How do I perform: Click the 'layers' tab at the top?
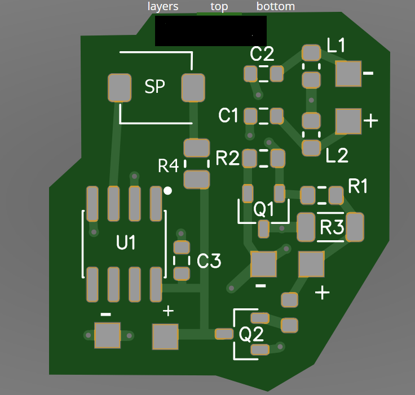point(163,6)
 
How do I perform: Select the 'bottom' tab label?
point(276,6)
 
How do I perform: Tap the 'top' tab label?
point(219,6)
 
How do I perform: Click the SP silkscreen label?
point(155,87)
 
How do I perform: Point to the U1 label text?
point(126,243)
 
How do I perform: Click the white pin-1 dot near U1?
point(167,191)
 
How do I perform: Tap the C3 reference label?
point(209,261)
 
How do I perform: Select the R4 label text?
point(169,166)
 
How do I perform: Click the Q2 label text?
point(251,335)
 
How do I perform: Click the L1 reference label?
point(337,46)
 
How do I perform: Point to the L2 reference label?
point(337,156)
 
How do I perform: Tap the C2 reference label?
point(262,55)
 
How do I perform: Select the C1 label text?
point(228,116)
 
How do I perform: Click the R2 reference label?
point(228,159)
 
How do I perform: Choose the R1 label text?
point(358,186)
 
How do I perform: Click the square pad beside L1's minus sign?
point(348,74)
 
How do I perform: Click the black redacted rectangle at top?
point(210,31)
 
